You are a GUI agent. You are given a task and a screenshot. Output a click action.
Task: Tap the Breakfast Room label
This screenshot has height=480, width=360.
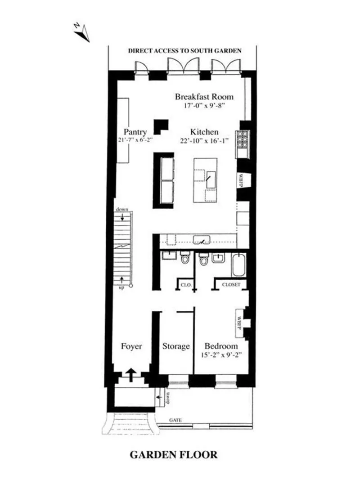pos(204,97)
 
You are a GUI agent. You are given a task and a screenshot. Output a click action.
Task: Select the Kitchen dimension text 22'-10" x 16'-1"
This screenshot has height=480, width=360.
pos(204,141)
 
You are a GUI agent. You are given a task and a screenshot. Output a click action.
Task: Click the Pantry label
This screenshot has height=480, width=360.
pos(135,132)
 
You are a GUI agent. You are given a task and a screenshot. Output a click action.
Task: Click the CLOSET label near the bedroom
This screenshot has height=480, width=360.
pos(231,284)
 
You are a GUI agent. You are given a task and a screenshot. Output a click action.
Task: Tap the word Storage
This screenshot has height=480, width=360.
pos(176,346)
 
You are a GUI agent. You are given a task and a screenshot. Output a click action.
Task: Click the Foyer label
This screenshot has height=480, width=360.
pos(132,346)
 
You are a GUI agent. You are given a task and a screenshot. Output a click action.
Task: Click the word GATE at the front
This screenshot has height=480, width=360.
pos(175,420)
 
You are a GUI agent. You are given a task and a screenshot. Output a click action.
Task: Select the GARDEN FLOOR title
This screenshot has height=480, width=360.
pos(174,455)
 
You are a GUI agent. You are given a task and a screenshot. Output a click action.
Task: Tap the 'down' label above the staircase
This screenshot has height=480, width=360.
pos(121,210)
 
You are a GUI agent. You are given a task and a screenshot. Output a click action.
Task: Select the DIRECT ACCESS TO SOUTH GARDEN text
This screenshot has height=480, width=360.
pos(185,51)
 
